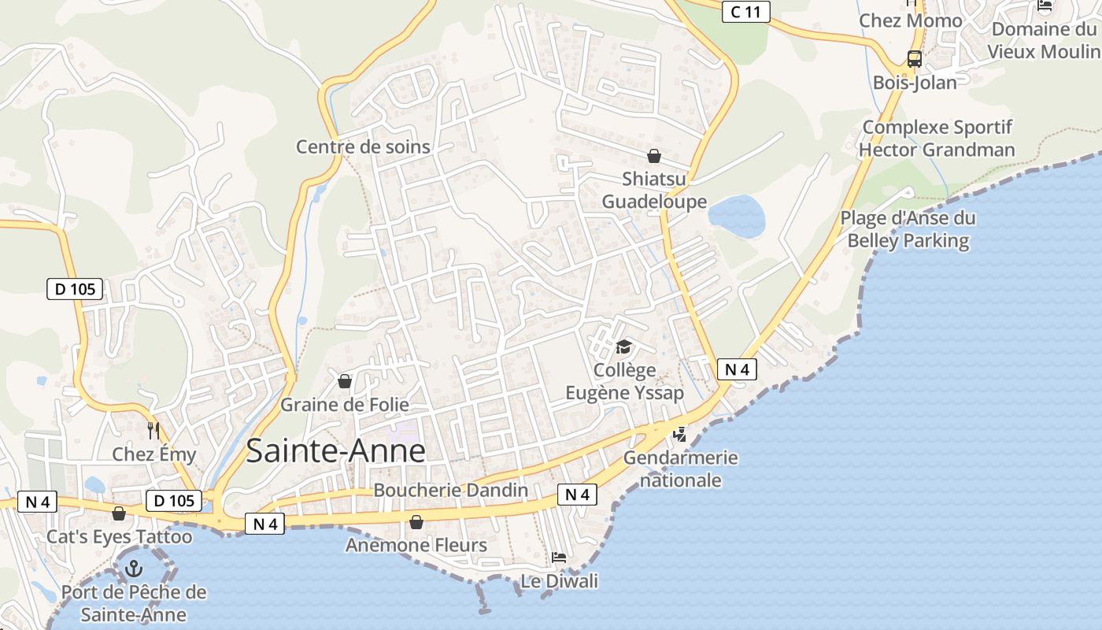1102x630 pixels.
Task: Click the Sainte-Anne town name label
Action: point(336,450)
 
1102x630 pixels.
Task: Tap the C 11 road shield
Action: point(745,11)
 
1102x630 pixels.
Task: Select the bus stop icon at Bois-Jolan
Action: point(914,58)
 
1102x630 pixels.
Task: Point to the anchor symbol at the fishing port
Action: point(134,568)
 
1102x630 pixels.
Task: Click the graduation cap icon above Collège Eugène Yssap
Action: point(623,346)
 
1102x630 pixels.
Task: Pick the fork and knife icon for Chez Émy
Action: point(153,431)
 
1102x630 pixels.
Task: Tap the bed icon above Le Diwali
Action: point(558,558)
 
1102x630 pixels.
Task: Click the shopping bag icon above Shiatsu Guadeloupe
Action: point(653,156)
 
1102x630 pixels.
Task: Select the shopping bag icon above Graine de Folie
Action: point(344,382)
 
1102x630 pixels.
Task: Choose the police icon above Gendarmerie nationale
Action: point(680,434)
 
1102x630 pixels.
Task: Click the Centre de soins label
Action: point(363,146)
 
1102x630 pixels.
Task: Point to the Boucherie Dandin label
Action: point(450,490)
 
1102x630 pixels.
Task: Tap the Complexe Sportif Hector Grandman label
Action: point(937,139)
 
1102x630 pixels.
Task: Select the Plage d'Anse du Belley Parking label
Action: point(908,229)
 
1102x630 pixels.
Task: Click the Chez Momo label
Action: point(911,20)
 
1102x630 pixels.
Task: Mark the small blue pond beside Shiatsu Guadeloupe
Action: point(737,216)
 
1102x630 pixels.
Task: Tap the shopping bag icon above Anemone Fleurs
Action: point(416,522)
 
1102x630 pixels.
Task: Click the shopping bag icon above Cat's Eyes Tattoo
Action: point(119,514)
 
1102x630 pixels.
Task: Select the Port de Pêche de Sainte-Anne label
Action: point(134,603)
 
